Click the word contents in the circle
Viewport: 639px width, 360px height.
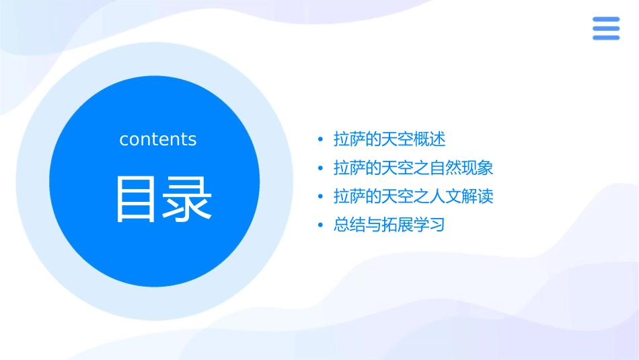(x=158, y=139)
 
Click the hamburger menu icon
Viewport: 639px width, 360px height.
(x=606, y=28)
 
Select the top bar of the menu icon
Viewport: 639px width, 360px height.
(x=606, y=20)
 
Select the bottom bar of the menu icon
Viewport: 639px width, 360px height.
(x=606, y=37)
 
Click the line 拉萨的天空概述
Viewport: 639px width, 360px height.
(x=389, y=139)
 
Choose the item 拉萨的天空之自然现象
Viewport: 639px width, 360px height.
(x=413, y=168)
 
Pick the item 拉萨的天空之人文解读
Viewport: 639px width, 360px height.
(x=413, y=196)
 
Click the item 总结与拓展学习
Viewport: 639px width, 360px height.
(x=389, y=225)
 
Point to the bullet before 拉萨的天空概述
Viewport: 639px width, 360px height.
(x=321, y=140)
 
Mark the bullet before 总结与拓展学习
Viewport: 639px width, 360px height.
(x=321, y=225)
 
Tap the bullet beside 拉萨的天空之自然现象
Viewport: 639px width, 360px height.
(x=321, y=168)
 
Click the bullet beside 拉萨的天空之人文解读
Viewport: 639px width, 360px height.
(x=321, y=197)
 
